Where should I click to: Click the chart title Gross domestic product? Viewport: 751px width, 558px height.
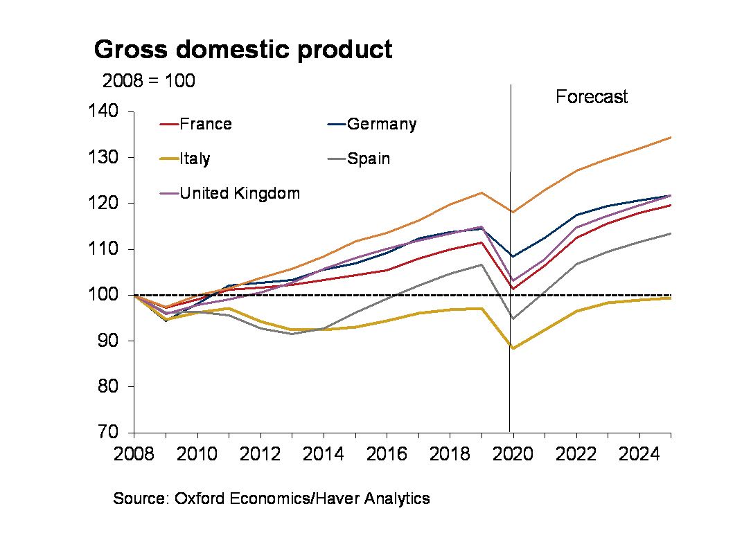tap(242, 50)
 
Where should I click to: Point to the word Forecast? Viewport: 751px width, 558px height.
tap(591, 97)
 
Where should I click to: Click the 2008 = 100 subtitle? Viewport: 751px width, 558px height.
tap(148, 81)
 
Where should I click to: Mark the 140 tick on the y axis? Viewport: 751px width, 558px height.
tap(102, 111)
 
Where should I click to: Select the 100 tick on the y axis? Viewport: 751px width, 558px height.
tap(102, 295)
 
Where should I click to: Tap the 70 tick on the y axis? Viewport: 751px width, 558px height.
tap(107, 433)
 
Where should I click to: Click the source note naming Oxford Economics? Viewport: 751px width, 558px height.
tap(272, 498)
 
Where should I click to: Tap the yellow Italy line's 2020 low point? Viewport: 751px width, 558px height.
tap(513, 348)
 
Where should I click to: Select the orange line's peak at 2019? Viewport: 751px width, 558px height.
tap(481, 192)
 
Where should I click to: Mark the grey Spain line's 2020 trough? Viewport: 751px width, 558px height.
tap(513, 318)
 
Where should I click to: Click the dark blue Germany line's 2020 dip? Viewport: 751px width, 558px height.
tap(513, 256)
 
